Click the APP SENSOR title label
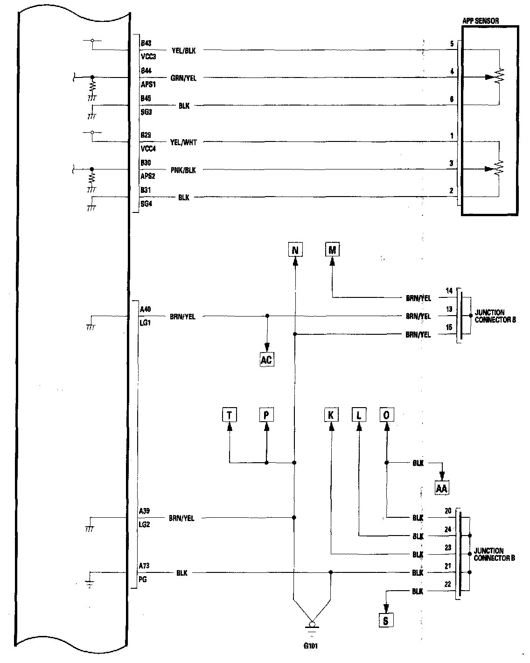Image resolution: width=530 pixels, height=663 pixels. [480, 21]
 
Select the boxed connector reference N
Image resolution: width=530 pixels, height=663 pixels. [294, 251]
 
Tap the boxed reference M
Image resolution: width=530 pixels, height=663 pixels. [332, 250]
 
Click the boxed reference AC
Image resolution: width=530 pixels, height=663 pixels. [266, 360]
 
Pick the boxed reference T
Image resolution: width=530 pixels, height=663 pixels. [229, 415]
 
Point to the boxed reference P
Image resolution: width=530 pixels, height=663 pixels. [266, 415]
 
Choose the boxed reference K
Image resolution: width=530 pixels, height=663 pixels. [331, 415]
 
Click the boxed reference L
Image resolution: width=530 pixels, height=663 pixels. [359, 415]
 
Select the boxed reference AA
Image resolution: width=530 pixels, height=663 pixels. [441, 488]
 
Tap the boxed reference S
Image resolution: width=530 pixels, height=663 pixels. [386, 621]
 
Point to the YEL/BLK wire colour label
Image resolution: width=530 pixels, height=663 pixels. [183, 50]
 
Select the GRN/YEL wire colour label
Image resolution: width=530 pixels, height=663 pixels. [183, 78]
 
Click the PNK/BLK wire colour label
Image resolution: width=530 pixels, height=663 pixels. [183, 170]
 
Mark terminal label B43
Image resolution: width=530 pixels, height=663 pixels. [146, 43]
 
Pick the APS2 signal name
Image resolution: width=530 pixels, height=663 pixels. [147, 176]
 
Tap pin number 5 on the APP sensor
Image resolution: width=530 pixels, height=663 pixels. [452, 44]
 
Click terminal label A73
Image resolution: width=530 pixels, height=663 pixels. [144, 566]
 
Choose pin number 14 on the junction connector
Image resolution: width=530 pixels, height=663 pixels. [449, 291]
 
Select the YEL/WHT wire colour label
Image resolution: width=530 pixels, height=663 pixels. [183, 142]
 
